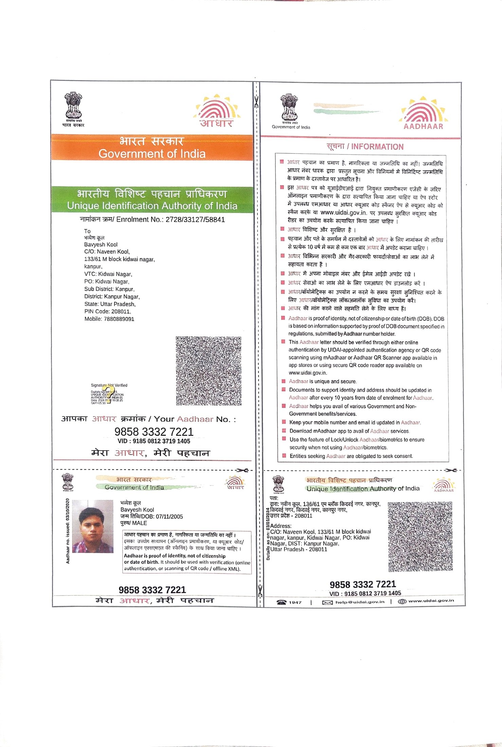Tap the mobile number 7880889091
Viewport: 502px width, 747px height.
click(119, 319)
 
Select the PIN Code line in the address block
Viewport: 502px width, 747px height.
click(107, 311)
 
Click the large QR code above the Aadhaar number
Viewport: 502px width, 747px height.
click(209, 371)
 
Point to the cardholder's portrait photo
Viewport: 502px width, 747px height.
click(93, 527)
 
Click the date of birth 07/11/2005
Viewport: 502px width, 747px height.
click(169, 517)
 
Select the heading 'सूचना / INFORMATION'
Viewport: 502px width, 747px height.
click(365, 147)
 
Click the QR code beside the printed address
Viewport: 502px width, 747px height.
click(420, 536)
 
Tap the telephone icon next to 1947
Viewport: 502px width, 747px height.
click(282, 602)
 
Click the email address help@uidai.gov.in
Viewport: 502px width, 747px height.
click(360, 602)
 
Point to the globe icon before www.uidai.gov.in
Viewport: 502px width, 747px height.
click(402, 601)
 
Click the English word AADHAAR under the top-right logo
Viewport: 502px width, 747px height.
click(423, 126)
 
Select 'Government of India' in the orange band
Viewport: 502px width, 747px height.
click(152, 154)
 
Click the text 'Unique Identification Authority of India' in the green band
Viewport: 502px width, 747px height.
click(152, 206)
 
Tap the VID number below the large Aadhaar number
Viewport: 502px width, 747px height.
click(154, 441)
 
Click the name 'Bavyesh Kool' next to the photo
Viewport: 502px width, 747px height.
click(137, 510)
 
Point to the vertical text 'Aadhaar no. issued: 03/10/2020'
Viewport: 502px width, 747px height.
click(68, 531)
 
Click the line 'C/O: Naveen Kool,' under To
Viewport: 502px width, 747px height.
click(107, 252)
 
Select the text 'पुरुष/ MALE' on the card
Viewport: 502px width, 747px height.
click(133, 523)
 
